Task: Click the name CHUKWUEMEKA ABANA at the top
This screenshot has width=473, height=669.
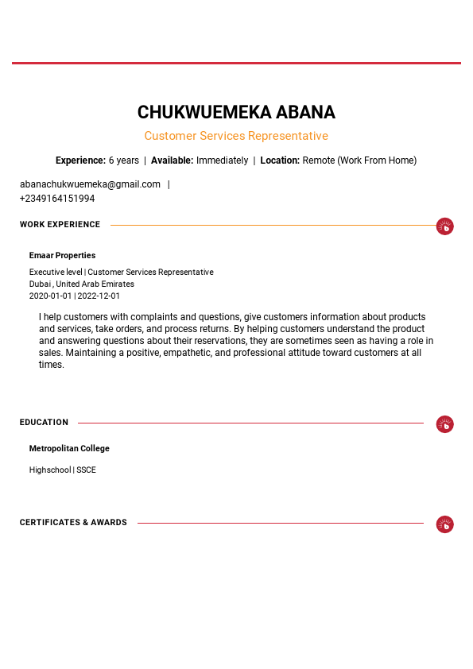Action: [236, 112]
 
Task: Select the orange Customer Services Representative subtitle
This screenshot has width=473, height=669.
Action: [236, 136]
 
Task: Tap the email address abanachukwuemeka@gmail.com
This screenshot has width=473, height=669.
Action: [90, 184]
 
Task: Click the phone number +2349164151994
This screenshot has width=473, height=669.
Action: [57, 199]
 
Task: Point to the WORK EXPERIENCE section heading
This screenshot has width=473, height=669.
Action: [60, 225]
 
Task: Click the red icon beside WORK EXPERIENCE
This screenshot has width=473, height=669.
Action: [445, 226]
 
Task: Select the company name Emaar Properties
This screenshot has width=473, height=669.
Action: [62, 256]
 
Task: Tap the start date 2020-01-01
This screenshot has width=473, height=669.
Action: [51, 296]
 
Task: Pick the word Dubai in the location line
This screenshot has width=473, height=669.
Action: [40, 284]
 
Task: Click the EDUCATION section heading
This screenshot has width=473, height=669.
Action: [44, 423]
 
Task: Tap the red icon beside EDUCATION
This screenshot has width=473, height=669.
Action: [445, 424]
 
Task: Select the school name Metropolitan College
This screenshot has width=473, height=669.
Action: [69, 449]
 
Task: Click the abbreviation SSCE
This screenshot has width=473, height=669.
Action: [86, 470]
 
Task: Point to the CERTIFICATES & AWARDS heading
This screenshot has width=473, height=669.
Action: [73, 523]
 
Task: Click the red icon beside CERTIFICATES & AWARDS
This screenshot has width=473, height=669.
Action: [445, 524]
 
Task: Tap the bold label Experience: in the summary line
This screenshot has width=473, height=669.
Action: [80, 160]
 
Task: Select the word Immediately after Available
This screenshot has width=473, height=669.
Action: [222, 160]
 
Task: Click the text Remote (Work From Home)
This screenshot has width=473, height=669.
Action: [359, 160]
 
